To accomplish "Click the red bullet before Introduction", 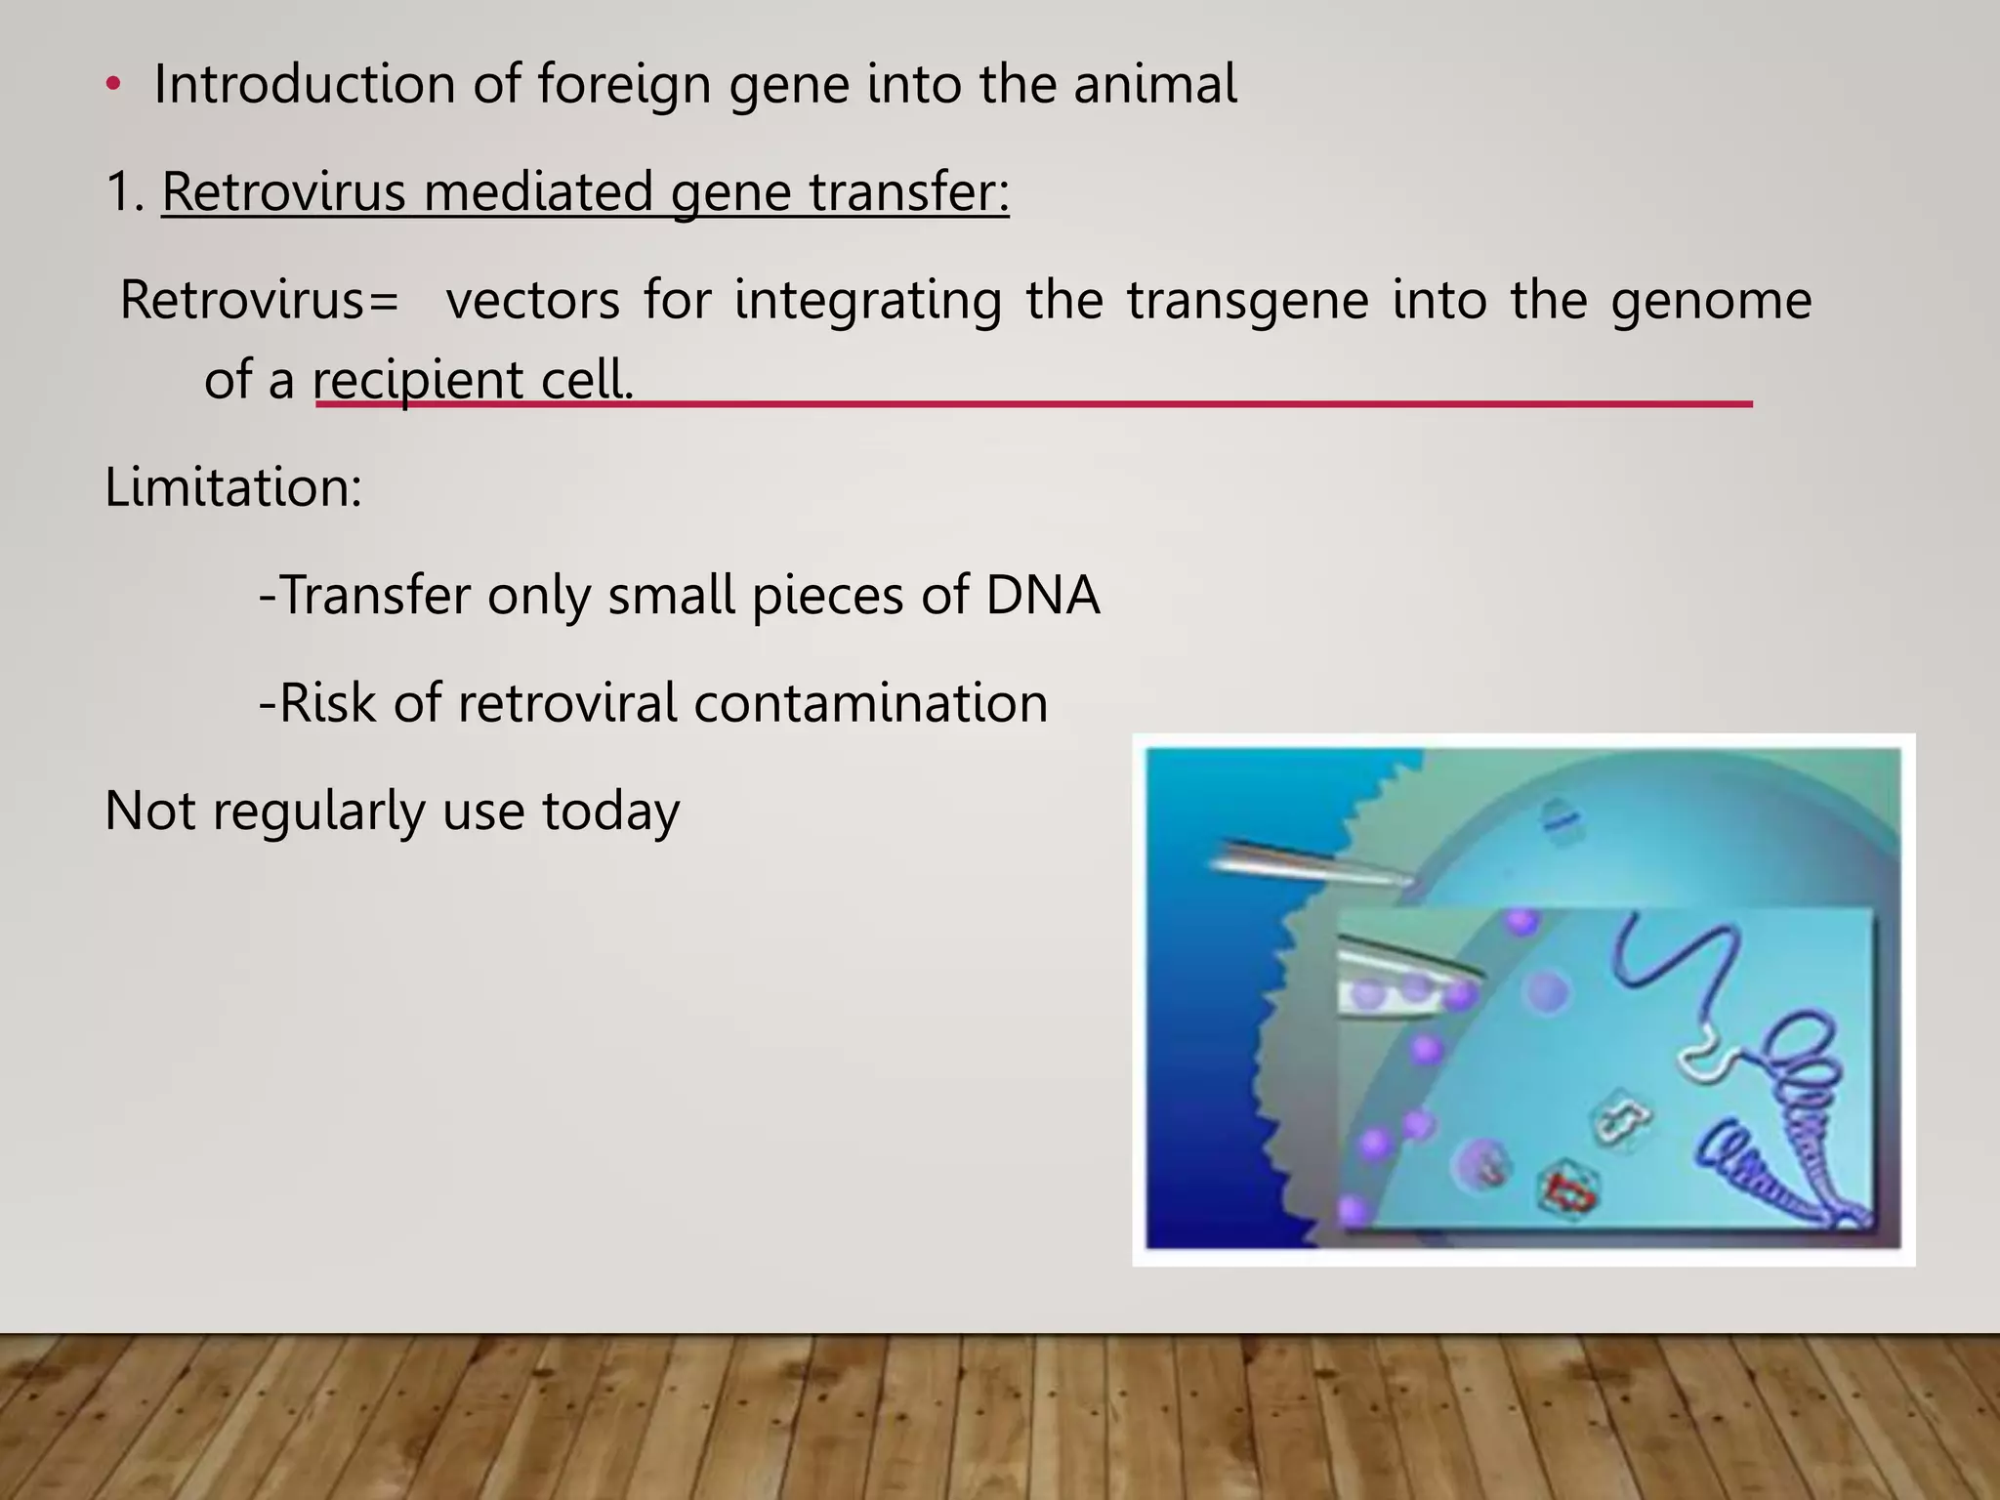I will coord(113,86).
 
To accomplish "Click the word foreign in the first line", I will coord(623,84).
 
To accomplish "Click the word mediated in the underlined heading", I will coord(539,191).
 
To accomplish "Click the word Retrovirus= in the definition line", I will coord(259,300).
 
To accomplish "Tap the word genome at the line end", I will coord(1711,300).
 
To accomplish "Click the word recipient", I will coord(417,380).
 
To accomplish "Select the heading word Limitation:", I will coord(232,486).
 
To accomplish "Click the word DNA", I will coord(1042,595).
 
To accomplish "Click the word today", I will coord(610,811).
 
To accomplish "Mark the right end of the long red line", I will coord(1750,403).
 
